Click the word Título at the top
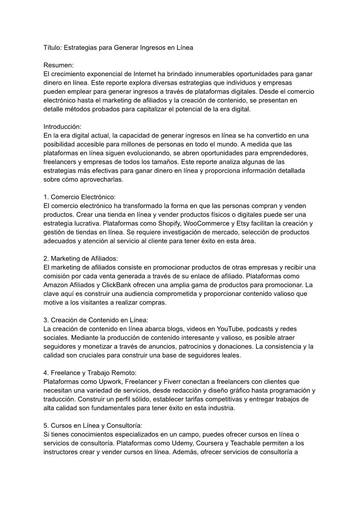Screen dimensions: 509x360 coord(52,47)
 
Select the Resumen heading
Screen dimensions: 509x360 coord(59,65)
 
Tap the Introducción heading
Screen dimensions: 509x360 coord(62,126)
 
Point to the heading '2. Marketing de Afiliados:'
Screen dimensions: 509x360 coord(81,258)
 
